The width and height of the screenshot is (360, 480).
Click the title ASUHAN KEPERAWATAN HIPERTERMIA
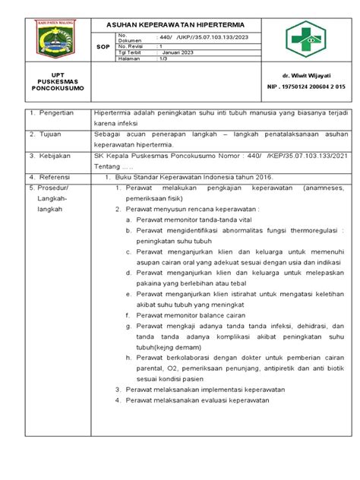[x=170, y=24]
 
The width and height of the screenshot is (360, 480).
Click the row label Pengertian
[x=52, y=112]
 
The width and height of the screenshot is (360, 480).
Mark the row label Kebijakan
[x=49, y=155]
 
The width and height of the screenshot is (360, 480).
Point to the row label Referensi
[x=50, y=174]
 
